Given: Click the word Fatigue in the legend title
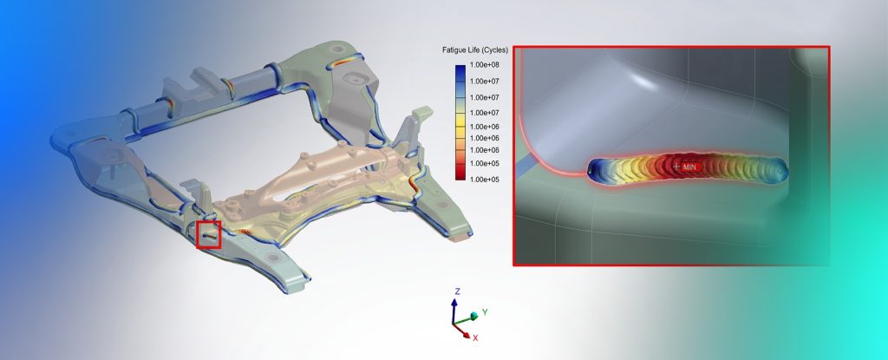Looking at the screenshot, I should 455,51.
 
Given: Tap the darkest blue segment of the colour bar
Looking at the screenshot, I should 460,68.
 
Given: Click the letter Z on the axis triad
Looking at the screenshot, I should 457,291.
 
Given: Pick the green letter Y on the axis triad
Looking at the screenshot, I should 486,311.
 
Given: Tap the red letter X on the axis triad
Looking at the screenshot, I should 474,337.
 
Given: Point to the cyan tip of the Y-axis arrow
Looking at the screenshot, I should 473,315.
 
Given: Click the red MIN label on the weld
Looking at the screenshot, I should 690,166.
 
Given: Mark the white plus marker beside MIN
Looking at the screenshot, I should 676,166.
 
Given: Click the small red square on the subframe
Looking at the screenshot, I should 209,234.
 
